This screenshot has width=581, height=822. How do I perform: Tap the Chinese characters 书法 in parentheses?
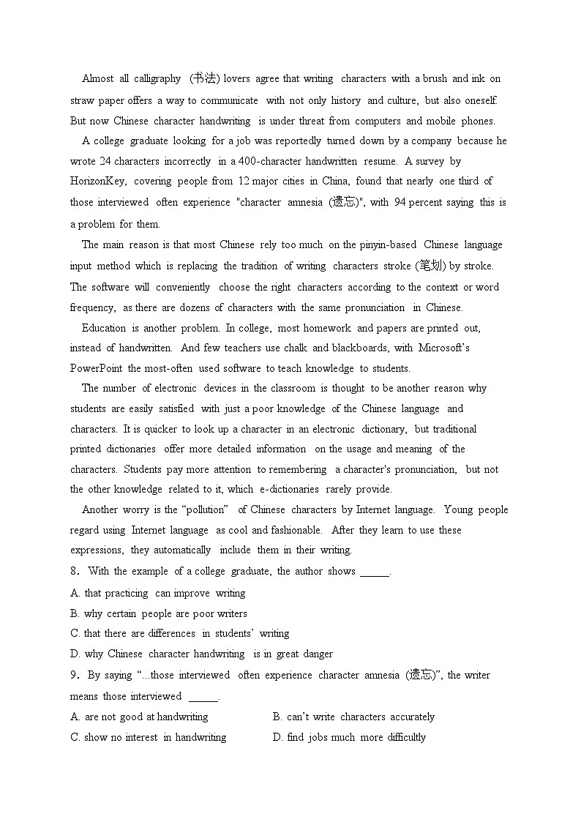click(205, 78)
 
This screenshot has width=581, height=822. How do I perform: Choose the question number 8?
click(74, 571)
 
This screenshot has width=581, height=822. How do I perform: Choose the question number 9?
click(74, 675)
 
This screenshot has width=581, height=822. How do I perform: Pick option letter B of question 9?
click(277, 717)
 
